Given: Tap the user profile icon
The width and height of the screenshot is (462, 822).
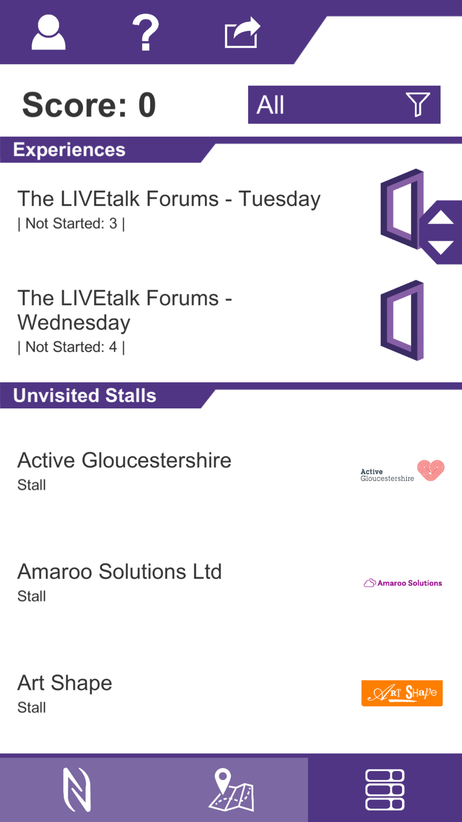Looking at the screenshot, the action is (49, 32).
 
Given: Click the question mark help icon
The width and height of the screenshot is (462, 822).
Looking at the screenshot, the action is (146, 32).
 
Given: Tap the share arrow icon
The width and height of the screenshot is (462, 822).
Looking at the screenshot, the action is (243, 32).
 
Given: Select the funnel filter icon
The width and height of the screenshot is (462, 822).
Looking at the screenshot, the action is (418, 104).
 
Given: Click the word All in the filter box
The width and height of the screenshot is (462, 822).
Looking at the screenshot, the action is (270, 105).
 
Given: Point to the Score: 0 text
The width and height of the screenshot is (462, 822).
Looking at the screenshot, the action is (89, 105).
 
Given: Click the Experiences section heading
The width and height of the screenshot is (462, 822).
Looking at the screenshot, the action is (69, 150).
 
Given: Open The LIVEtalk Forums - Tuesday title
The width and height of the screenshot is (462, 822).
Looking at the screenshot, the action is (169, 199).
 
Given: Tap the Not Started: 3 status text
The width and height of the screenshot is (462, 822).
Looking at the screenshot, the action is (71, 224).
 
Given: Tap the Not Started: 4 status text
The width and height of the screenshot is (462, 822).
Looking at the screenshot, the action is (71, 347).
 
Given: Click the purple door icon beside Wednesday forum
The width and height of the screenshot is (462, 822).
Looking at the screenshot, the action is (402, 320).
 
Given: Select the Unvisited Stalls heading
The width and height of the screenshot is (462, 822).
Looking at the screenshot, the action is (85, 396).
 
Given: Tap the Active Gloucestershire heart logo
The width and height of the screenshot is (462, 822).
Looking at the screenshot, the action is (431, 470).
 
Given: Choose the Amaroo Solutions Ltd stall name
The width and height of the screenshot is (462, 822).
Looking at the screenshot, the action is (120, 572).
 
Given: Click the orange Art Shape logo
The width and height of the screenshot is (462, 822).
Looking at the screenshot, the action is (402, 693).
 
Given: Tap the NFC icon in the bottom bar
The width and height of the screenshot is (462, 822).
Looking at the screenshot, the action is (77, 790).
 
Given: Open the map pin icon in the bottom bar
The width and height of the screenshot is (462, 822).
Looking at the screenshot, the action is (231, 790).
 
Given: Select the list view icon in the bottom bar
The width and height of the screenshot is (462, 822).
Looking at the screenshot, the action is (385, 790).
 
